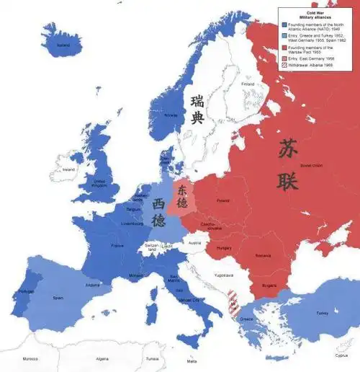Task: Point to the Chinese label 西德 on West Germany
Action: (159, 212)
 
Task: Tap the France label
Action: (117, 246)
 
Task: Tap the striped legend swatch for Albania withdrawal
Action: (284, 66)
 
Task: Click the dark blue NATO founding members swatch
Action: (284, 24)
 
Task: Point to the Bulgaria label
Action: (268, 285)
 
